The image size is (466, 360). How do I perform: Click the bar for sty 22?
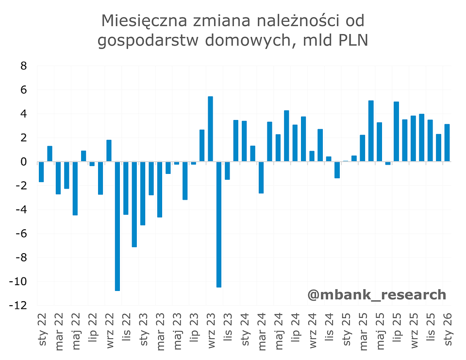click(41, 172)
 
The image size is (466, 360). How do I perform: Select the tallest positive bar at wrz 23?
click(210, 129)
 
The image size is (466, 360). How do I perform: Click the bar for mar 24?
click(261, 177)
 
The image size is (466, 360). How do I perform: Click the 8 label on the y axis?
click(23, 66)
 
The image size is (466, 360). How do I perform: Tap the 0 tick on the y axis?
click(23, 162)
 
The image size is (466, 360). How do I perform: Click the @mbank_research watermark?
click(376, 294)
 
